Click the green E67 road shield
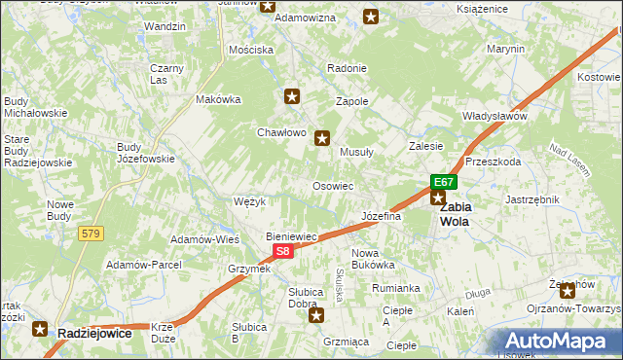[444, 182]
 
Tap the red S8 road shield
[281, 251]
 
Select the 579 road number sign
[92, 234]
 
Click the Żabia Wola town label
[455, 214]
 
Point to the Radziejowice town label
[94, 333]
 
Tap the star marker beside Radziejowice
[41, 329]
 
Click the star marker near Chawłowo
[292, 95]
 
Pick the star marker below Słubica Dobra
[314, 314]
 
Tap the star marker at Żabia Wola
[438, 198]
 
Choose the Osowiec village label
[332, 185]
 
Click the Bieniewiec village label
[292, 236]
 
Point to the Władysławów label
[495, 116]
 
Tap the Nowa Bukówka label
[372, 258]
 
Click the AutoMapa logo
[558, 341]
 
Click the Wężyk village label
[250, 201]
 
